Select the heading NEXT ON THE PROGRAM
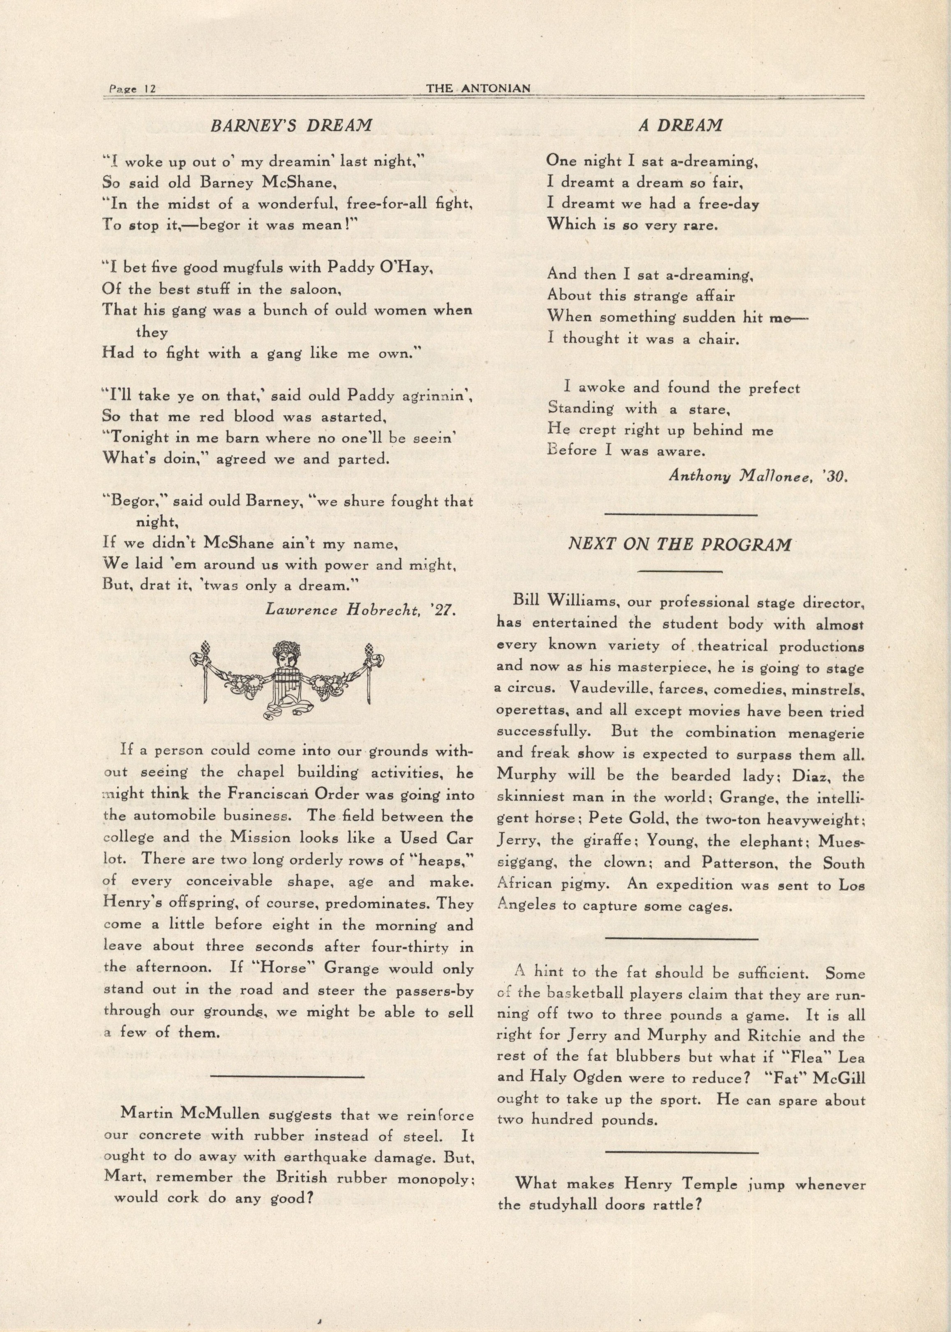tap(680, 544)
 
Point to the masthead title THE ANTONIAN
tap(478, 88)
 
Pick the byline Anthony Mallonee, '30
tap(758, 477)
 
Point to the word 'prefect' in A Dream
tap(772, 387)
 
